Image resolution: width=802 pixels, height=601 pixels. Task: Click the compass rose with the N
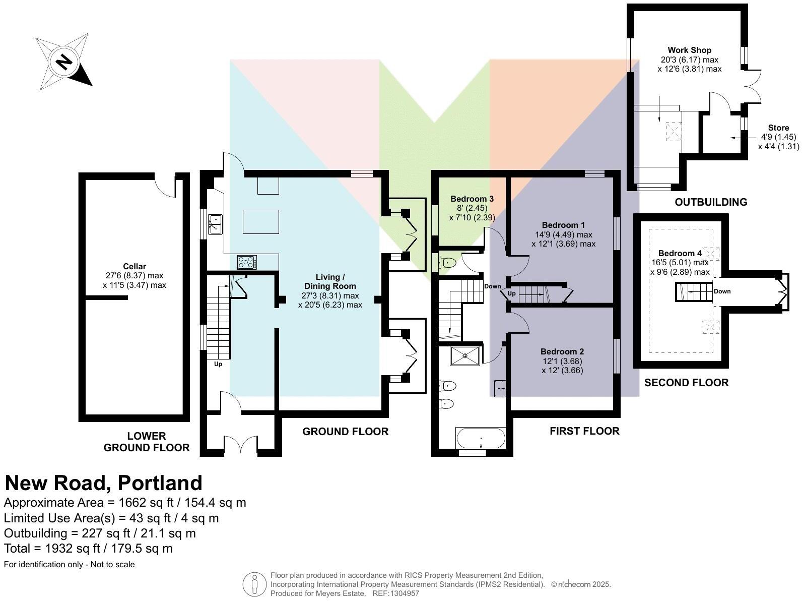click(x=63, y=62)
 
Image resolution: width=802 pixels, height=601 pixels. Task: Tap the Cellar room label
click(x=135, y=266)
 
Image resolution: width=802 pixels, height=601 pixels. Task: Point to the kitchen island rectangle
click(x=260, y=222)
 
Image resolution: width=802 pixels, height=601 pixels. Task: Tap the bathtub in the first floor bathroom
click(x=481, y=438)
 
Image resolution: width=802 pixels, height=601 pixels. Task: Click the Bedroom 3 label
click(x=472, y=199)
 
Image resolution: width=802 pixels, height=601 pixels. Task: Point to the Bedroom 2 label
click(x=562, y=351)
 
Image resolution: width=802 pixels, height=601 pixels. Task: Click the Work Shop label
click(x=689, y=50)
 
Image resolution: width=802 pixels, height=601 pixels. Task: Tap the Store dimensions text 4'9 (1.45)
click(x=778, y=137)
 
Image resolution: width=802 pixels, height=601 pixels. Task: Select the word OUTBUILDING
click(x=710, y=202)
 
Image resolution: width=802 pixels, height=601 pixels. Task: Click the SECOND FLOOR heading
click(x=686, y=383)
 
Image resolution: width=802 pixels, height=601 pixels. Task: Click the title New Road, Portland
click(x=104, y=483)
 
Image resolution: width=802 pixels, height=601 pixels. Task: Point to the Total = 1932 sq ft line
click(x=88, y=549)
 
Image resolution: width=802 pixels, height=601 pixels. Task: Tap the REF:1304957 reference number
click(x=395, y=593)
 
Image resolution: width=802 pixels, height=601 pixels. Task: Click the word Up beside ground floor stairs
click(x=218, y=364)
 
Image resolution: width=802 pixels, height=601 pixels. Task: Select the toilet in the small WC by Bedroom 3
click(x=448, y=263)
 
